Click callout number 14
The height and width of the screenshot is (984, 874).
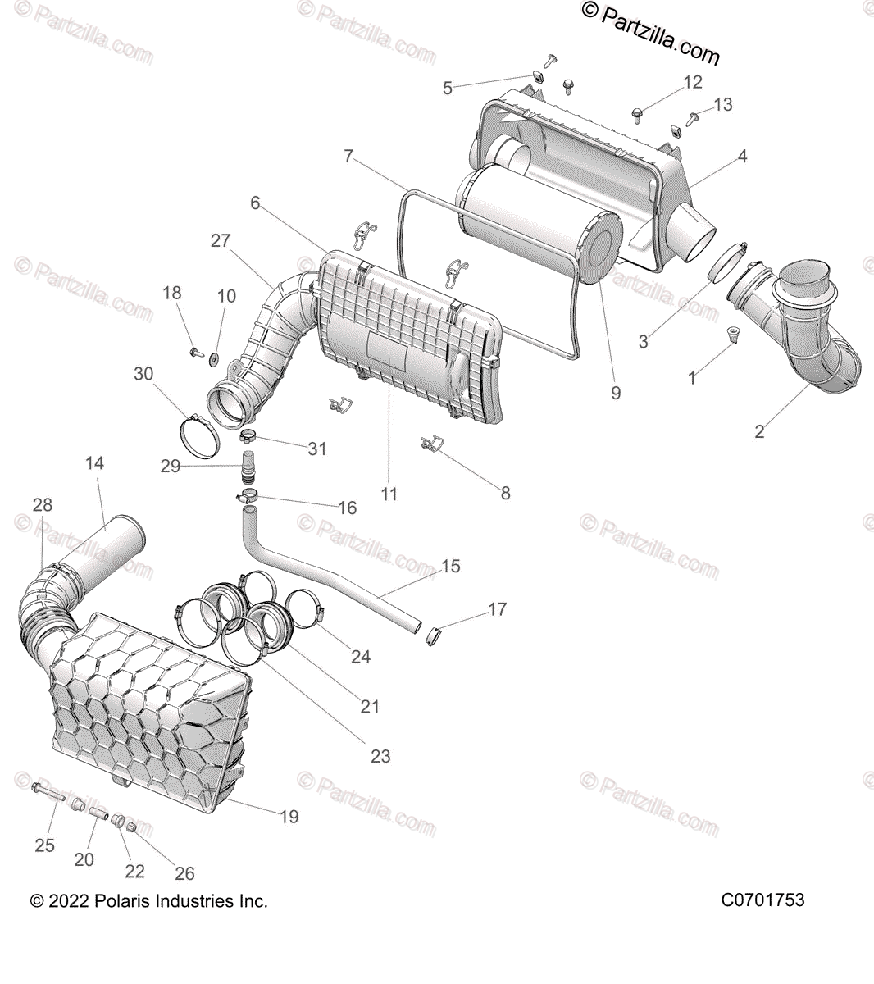pyautogui.click(x=94, y=463)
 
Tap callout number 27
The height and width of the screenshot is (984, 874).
pyautogui.click(x=221, y=240)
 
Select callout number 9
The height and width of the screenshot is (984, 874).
pyautogui.click(x=616, y=393)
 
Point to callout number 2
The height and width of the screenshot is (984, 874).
pyautogui.click(x=759, y=431)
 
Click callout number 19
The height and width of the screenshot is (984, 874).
pyautogui.click(x=289, y=816)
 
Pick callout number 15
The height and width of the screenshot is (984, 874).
pyautogui.click(x=451, y=566)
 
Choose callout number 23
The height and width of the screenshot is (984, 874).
pyautogui.click(x=380, y=756)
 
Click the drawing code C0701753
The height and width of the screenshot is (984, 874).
pyautogui.click(x=762, y=900)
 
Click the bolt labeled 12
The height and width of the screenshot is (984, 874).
pyautogui.click(x=638, y=112)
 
